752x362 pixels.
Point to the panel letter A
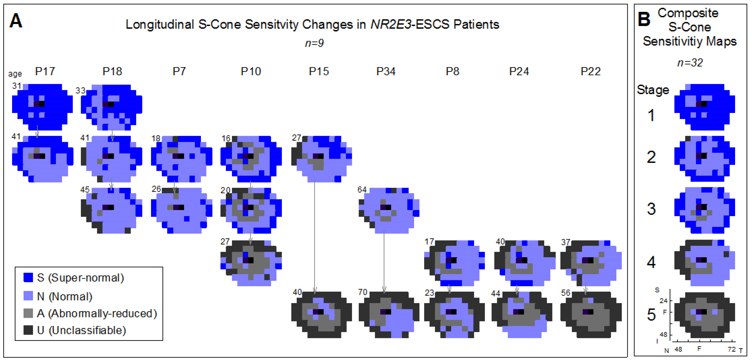16,21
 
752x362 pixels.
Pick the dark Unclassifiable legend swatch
28,330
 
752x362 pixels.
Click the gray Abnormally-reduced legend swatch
28,313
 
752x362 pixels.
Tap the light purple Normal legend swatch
28,296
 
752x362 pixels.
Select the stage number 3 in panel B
651,209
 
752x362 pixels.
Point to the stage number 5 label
651,315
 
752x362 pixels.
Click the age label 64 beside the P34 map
362,190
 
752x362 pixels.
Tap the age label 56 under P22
566,293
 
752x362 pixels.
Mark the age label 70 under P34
363,292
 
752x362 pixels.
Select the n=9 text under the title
314,43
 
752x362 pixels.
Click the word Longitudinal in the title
160,24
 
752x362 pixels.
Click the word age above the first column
15,74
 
